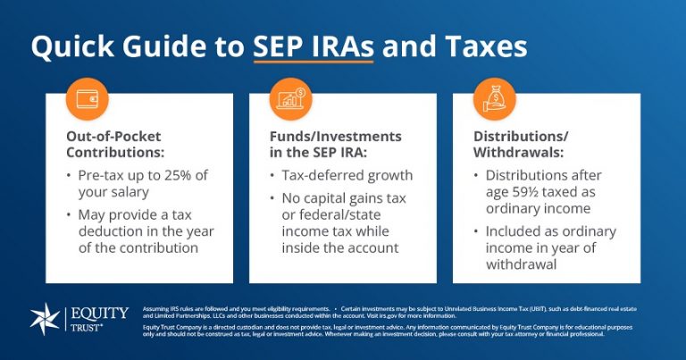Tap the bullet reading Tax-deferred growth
(x=347, y=175)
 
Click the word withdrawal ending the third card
(x=520, y=265)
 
